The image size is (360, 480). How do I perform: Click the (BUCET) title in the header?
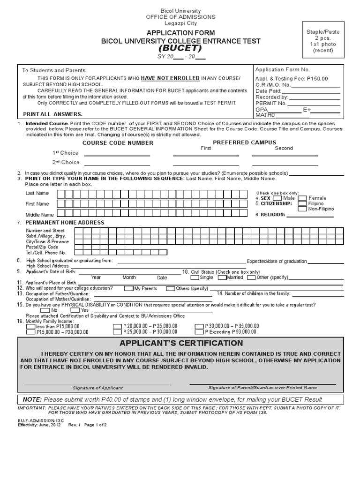(180, 48)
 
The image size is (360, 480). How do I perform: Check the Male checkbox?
(277, 198)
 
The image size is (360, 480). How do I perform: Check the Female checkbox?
(303, 198)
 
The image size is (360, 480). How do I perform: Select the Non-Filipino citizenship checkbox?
(303, 209)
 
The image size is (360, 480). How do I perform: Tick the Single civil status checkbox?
(194, 277)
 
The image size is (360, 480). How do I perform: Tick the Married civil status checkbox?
(222, 277)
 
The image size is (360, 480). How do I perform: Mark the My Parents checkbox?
(129, 288)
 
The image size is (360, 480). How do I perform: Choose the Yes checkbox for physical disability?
(75, 310)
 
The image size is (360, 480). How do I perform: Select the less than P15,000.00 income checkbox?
(30, 326)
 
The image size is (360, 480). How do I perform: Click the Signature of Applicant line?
(97, 384)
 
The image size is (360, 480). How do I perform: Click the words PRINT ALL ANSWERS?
(53, 114)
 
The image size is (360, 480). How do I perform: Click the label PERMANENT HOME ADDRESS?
(65, 222)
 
